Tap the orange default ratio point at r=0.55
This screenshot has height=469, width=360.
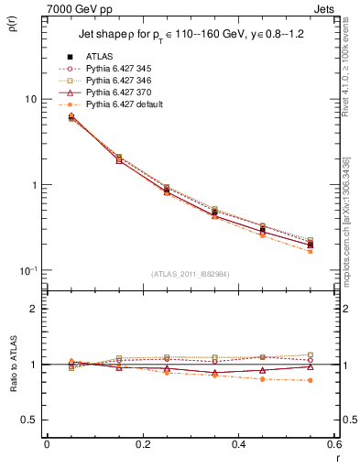click(310, 380)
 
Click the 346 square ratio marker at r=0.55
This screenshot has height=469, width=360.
click(310, 354)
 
